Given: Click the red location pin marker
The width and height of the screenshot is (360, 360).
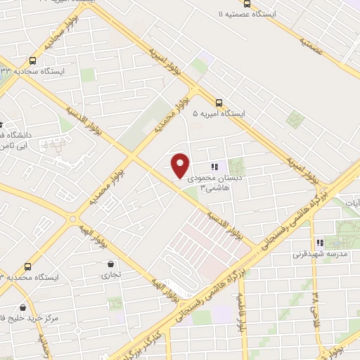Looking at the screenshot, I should click(181, 165).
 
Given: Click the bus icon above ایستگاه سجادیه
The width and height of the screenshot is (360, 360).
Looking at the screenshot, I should click(33, 61).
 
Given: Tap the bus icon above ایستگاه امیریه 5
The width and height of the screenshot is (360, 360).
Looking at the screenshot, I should click(219, 103).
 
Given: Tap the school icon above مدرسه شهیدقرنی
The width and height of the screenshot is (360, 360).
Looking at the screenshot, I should click(321, 243).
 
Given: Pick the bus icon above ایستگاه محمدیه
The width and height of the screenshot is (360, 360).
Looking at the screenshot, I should click(28, 267).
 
